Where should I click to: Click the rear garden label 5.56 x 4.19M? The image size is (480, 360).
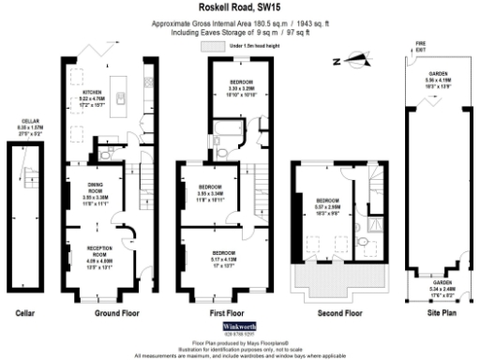coord(438,82)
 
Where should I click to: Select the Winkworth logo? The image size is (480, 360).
coord(240,327)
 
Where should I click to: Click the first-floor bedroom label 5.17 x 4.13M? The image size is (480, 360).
coord(222,258)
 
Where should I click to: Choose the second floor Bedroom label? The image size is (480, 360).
coord(327,206)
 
